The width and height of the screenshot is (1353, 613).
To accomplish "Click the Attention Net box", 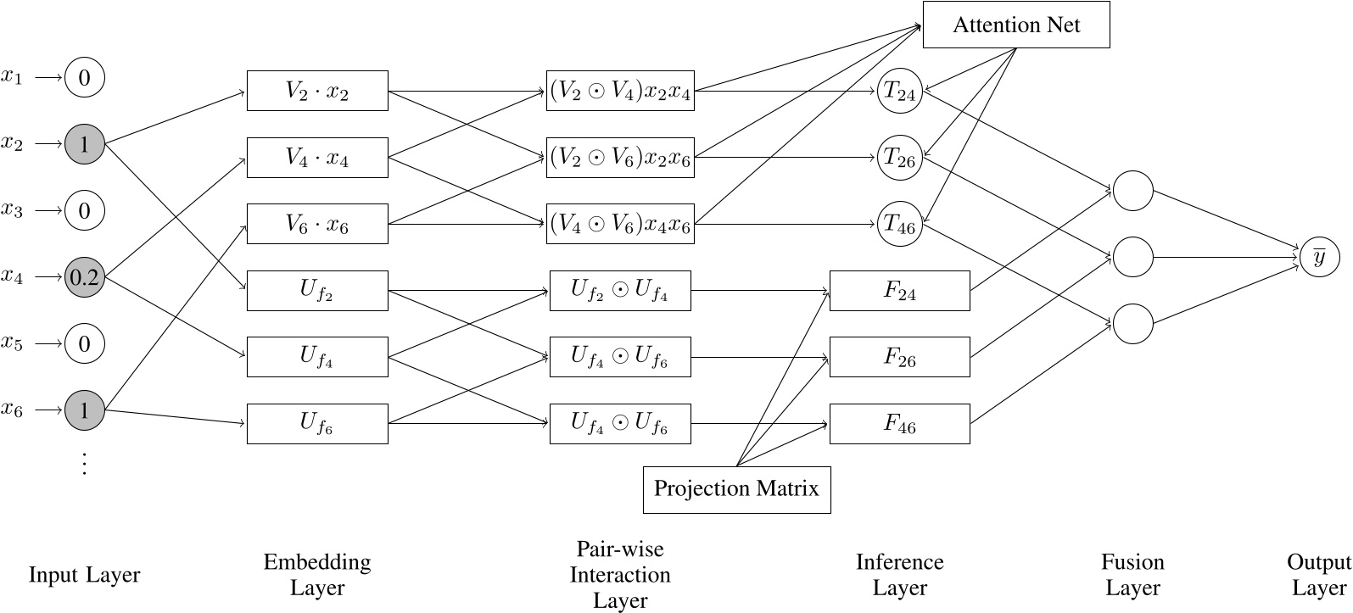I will click(x=1015, y=25).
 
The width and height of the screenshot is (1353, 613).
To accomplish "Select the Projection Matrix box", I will click(x=736, y=489).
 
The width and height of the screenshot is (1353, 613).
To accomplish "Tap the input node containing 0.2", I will click(x=84, y=278).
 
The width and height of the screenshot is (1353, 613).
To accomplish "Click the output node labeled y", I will click(x=1319, y=258).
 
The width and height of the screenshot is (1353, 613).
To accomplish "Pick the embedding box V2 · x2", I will click(x=317, y=91).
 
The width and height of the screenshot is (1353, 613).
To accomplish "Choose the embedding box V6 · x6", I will click(x=317, y=224).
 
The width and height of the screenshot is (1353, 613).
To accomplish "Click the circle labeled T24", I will click(x=899, y=91).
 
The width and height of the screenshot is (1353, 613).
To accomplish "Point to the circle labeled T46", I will click(x=899, y=224).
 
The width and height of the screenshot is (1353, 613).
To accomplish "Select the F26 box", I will click(x=899, y=357).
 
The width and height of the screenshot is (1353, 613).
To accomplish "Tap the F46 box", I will click(x=899, y=423).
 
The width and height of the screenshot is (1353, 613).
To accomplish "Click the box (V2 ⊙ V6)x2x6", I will click(x=620, y=157).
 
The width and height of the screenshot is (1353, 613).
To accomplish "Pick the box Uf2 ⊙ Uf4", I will click(x=620, y=291).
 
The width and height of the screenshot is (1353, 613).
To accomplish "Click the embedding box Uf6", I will click(x=317, y=423).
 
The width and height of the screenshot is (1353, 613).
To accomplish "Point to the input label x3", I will click(x=12, y=209).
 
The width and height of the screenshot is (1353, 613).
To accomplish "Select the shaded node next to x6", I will click(x=84, y=410).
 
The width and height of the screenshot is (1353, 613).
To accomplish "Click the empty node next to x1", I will click(x=84, y=78).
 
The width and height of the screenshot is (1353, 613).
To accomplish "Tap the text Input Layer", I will click(x=84, y=575).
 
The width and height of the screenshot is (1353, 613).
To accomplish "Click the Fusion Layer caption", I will click(x=1132, y=575).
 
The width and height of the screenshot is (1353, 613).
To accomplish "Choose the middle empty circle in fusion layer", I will click(x=1132, y=257).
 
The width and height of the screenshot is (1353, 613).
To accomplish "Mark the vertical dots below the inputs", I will click(x=84, y=463).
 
